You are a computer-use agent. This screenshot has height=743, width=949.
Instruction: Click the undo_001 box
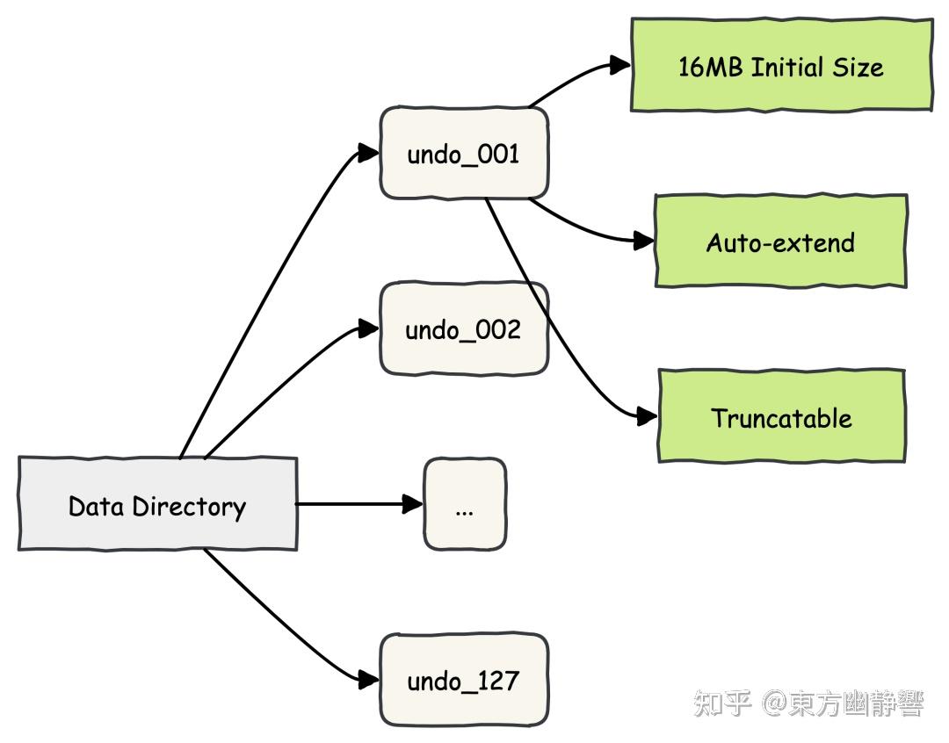tap(464, 154)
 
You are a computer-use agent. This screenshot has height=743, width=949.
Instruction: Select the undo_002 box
tap(464, 329)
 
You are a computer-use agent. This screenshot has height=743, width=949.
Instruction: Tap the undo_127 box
tap(464, 681)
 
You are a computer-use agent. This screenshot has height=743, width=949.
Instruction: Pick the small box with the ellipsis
tap(465, 504)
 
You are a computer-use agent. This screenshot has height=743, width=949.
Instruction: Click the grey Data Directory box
tap(157, 505)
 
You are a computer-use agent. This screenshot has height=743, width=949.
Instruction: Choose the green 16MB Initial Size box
tap(781, 66)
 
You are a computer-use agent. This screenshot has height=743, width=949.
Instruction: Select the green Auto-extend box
tap(780, 242)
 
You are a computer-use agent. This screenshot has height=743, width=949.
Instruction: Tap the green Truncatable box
tap(781, 417)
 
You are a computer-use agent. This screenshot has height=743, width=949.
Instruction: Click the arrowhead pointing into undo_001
tap(369, 153)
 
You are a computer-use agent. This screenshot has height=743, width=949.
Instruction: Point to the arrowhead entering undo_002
tap(369, 328)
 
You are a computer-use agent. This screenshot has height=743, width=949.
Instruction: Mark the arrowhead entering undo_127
tap(369, 679)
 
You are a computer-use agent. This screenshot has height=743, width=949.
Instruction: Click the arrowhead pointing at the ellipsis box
tap(413, 504)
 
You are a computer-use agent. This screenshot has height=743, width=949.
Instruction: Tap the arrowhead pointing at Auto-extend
tap(645, 241)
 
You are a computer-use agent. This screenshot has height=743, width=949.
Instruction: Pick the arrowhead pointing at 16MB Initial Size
tap(620, 65)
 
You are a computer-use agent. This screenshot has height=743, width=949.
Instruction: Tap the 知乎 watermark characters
tap(722, 703)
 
